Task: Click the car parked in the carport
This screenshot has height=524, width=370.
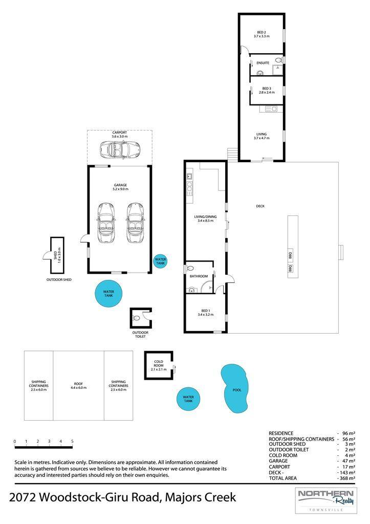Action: [120, 149]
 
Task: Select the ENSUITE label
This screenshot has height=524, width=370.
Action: [263, 63]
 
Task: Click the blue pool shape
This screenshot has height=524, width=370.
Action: [235, 388]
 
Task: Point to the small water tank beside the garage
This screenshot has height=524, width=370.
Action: [160, 261]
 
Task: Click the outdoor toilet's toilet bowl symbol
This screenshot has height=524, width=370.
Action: [136, 318]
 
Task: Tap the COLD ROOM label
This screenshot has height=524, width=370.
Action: [159, 363]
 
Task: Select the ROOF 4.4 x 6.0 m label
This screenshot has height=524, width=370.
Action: [78, 386]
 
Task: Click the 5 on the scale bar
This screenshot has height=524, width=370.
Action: [72, 441]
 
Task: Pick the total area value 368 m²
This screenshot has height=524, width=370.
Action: [347, 478]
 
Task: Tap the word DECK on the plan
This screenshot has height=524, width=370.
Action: [260, 206]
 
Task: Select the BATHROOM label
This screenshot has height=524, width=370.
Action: [199, 276]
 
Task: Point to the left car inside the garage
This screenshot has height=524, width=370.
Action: [106, 222]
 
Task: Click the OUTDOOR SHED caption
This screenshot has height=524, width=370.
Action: [59, 280]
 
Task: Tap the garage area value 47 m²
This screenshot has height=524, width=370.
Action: [350, 461]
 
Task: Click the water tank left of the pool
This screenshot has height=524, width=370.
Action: [188, 399]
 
